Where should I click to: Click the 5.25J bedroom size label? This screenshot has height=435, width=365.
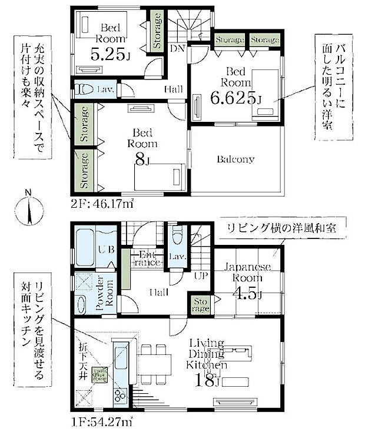coord(109,55)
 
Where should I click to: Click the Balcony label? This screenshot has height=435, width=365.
coord(235,159)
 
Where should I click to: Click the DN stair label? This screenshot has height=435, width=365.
coord(177,49)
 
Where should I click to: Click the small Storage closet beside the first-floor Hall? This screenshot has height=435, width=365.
coord(201,305)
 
